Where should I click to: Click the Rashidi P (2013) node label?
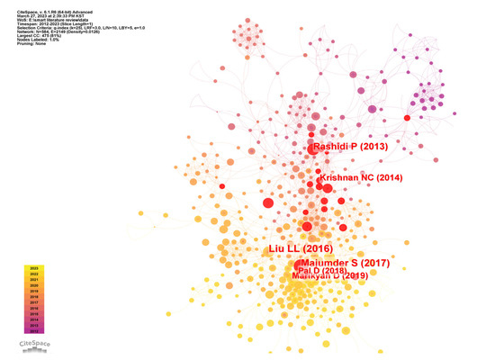click(349, 147)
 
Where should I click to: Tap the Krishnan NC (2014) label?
click(358, 179)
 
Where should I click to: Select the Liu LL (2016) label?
click(301, 247)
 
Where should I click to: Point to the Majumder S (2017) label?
click(343, 263)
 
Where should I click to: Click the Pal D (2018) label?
click(322, 270)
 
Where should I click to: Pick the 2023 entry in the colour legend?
click(34, 268)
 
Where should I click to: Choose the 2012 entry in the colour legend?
click(34, 331)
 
